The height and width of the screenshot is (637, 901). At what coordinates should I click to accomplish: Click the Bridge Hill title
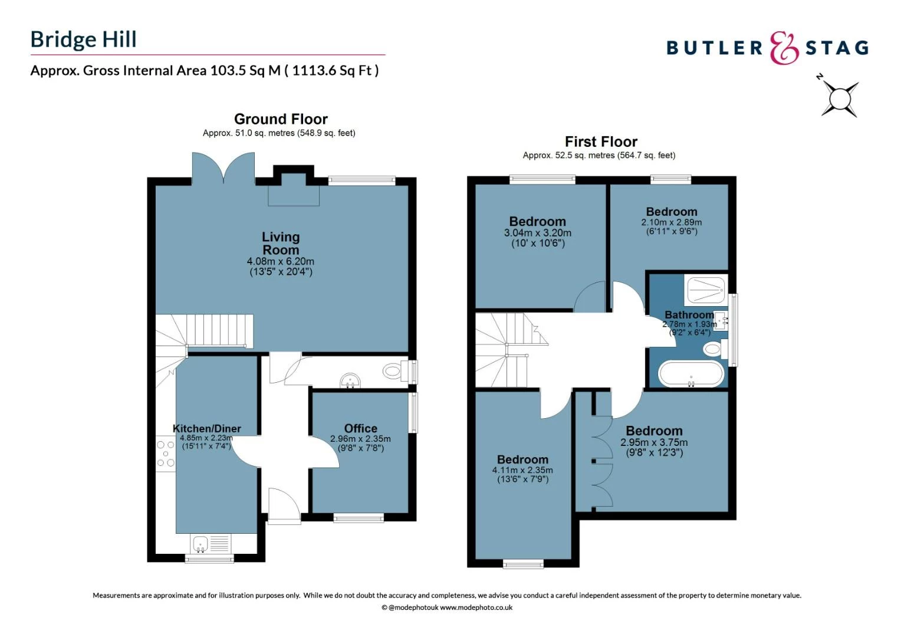tap(83, 40)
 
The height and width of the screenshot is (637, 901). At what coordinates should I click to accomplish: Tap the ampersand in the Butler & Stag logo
tap(784, 48)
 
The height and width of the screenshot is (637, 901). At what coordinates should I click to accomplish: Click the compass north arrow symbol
tap(838, 96)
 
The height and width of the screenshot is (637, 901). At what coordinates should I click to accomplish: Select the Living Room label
tap(281, 243)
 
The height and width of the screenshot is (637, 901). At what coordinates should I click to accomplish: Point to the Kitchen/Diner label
tap(206, 429)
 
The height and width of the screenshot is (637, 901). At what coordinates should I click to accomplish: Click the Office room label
tap(360, 429)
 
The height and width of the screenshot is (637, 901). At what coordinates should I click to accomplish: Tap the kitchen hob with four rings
tap(166, 454)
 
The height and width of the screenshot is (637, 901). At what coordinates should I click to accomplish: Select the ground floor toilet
tap(393, 372)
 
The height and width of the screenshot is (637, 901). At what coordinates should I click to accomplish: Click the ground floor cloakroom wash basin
tap(350, 381)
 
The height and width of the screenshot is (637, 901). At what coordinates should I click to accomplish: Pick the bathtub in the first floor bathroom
tap(690, 374)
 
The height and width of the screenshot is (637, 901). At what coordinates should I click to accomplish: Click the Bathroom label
tap(689, 315)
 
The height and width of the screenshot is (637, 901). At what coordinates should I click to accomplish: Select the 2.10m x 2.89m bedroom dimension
tap(671, 222)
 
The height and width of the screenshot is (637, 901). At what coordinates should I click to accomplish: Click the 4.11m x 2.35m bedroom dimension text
tap(522, 470)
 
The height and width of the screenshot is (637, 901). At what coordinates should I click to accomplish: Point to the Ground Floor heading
tap(281, 119)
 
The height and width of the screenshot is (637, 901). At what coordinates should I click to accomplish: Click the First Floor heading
tap(601, 142)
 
